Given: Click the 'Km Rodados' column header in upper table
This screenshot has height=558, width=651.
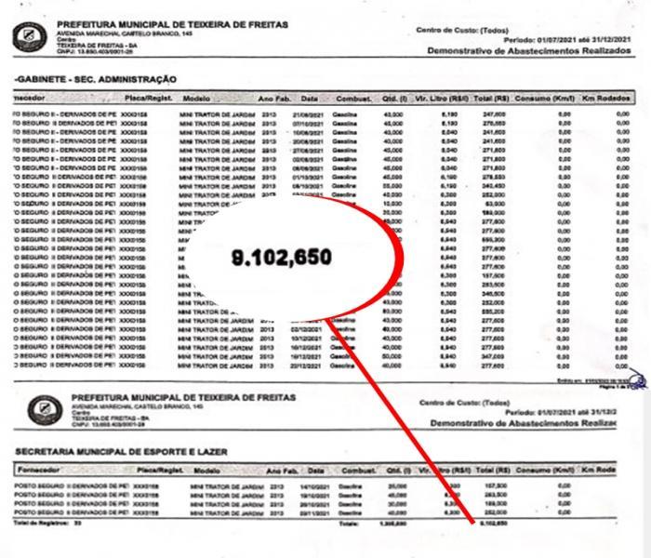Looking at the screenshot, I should (x=608, y=98).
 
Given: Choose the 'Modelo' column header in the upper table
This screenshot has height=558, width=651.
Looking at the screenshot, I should (x=197, y=98).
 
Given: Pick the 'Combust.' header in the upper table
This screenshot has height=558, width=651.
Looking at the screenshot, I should (x=353, y=98).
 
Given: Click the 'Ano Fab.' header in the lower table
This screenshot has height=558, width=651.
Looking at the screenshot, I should (x=281, y=471).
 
